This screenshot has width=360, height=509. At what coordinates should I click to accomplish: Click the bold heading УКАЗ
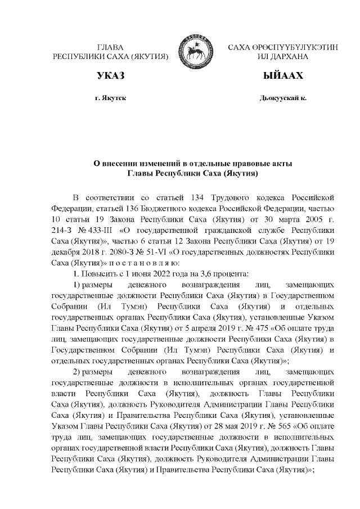click(110, 75)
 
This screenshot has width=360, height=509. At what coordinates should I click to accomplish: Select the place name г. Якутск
click(110, 98)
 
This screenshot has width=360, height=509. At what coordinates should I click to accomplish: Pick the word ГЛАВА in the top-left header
click(110, 47)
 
